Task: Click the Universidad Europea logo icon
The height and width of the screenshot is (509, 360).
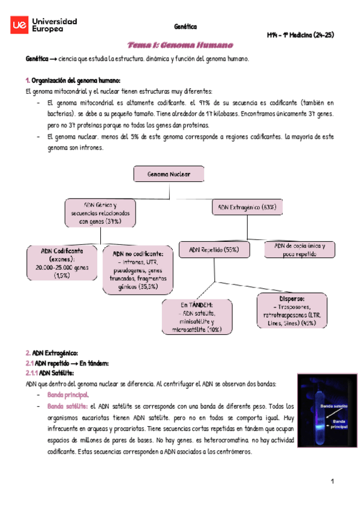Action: point(19,25)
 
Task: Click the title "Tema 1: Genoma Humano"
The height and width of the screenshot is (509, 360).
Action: point(180,46)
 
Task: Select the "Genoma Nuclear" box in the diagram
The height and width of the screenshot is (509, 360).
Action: point(169,175)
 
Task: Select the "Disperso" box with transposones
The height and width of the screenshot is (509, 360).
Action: point(291,310)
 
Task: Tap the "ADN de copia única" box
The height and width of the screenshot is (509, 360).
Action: point(299,249)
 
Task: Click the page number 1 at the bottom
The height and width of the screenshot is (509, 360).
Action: point(331,481)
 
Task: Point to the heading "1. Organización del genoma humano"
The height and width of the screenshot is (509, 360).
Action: point(73,80)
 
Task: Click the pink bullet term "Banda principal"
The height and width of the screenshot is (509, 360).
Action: point(67,395)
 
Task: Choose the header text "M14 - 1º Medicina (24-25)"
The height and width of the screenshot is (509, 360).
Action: point(300,35)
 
